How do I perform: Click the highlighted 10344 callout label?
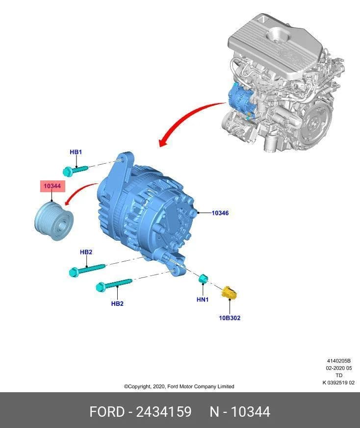[x=52, y=186]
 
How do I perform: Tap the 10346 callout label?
[x=220, y=213]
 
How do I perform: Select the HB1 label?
[x=76, y=152]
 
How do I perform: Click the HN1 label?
[x=203, y=300]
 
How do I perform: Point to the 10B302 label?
[x=230, y=318]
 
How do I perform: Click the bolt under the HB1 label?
[x=75, y=170]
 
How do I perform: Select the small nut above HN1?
[x=203, y=279]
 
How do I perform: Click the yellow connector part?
[x=229, y=293]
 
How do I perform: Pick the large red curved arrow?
[x=185, y=117]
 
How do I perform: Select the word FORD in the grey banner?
[x=107, y=412]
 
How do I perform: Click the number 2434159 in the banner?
[x=164, y=412]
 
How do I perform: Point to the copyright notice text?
[x=179, y=386]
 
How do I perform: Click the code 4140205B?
[x=339, y=361]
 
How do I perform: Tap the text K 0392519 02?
[x=338, y=383]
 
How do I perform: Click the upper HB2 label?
[x=86, y=252]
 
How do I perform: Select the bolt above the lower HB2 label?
[x=114, y=284]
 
